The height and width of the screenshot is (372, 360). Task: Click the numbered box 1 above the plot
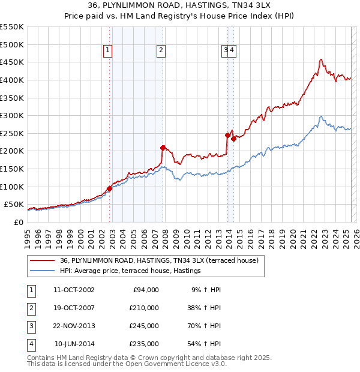[x=107, y=51]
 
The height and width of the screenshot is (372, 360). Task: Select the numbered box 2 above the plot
[x=162, y=51]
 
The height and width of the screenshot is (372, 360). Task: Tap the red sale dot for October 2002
[x=110, y=188]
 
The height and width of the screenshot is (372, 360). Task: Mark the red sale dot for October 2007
[x=163, y=147]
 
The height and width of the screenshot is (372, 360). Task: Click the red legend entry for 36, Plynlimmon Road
[x=159, y=260]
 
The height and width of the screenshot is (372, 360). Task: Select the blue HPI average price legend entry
[x=130, y=271]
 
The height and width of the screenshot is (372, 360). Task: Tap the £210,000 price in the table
[x=144, y=308]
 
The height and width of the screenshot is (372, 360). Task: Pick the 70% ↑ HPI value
[x=205, y=326]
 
